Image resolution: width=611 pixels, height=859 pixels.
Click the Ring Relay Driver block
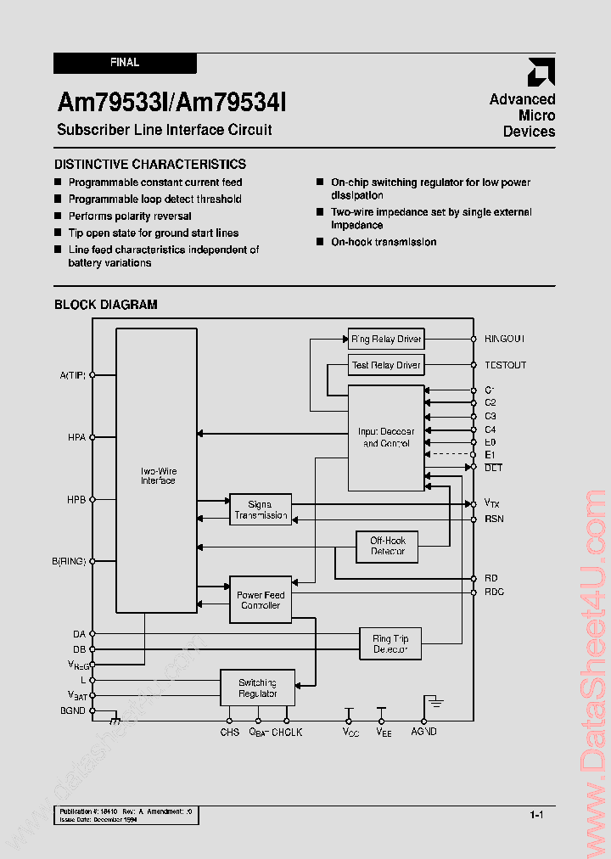(386, 339)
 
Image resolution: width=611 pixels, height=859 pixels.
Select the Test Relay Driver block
(386, 365)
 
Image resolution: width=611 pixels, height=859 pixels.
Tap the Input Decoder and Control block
(386, 438)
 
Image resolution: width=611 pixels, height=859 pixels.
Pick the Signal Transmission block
(261, 509)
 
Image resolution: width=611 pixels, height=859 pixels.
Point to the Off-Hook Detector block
(387, 546)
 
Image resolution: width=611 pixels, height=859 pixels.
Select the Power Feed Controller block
(261, 600)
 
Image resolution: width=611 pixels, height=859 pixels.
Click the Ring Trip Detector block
(390, 644)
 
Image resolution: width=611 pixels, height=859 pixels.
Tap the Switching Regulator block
(257, 688)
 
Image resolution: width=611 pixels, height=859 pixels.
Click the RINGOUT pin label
(505, 339)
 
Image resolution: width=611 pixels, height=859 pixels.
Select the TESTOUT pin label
(505, 365)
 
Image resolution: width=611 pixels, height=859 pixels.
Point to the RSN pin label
(494, 518)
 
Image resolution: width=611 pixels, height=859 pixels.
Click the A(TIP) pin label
(73, 374)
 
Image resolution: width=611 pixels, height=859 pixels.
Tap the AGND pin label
(423, 731)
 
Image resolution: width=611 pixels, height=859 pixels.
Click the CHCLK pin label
(287, 731)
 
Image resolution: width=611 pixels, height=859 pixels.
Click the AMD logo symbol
(541, 72)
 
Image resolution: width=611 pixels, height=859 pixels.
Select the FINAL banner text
(125, 63)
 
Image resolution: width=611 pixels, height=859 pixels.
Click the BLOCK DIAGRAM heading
(106, 305)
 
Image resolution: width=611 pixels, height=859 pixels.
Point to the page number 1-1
(536, 815)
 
